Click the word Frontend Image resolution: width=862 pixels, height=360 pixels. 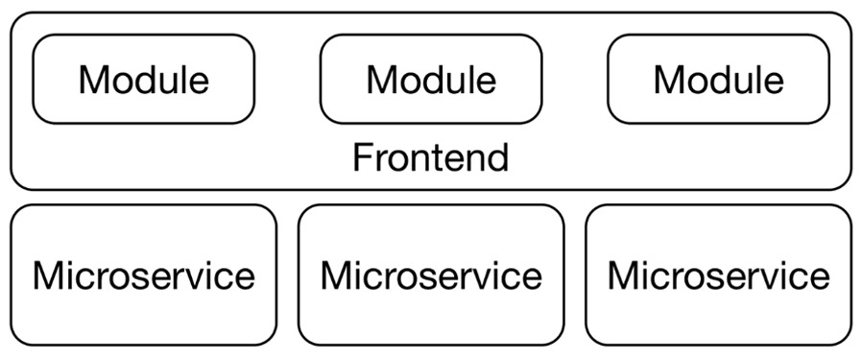click(x=430, y=156)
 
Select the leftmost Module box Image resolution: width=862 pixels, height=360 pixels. click(x=144, y=80)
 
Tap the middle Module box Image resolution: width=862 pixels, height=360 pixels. click(x=431, y=80)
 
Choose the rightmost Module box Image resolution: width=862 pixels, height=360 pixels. click(x=718, y=80)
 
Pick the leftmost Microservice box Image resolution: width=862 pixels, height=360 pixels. click(x=144, y=276)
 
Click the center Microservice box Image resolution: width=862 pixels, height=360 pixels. click(x=431, y=276)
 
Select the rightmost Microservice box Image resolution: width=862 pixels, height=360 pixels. click(x=718, y=276)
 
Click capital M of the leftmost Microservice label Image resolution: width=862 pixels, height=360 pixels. click(x=47, y=276)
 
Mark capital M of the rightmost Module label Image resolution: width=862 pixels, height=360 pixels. click(x=670, y=80)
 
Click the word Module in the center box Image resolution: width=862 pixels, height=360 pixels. click(x=431, y=80)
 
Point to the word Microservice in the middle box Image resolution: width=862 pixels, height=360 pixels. click(x=431, y=276)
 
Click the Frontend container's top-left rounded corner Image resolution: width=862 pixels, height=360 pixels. click(x=16, y=18)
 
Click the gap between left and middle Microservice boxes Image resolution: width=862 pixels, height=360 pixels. click(x=287, y=276)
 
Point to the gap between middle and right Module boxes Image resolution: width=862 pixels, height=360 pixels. click(x=575, y=80)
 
